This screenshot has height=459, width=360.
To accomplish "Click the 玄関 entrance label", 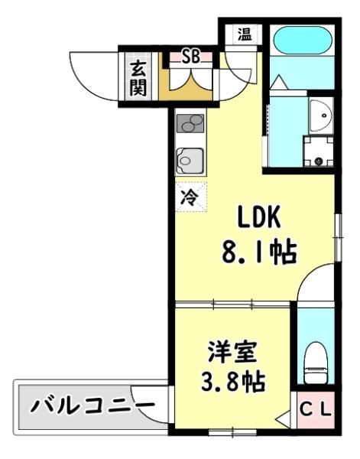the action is pos(138,79).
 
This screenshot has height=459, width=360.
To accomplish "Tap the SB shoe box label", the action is pos(191,57).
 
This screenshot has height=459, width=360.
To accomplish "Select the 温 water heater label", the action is pos(245,34).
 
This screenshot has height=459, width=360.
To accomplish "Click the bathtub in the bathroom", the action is pos(303,40).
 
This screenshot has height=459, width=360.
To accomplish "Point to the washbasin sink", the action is pos(320,116).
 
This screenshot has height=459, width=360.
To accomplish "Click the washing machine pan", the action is pos(319,151).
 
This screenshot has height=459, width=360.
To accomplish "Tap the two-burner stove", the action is pos(190,123).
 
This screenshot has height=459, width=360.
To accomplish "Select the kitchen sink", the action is pos(190,161).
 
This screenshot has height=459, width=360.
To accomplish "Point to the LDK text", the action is pos(259,217).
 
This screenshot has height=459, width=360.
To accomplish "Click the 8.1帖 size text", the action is pos(259,252).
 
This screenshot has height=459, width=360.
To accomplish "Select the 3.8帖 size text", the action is pos(233,382).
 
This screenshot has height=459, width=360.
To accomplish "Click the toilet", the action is pos(316,362).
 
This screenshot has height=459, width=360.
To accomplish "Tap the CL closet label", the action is pos(316,410).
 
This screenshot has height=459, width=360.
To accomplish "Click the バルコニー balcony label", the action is pos(92,406).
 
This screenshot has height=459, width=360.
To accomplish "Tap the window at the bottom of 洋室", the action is pos(232,432).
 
